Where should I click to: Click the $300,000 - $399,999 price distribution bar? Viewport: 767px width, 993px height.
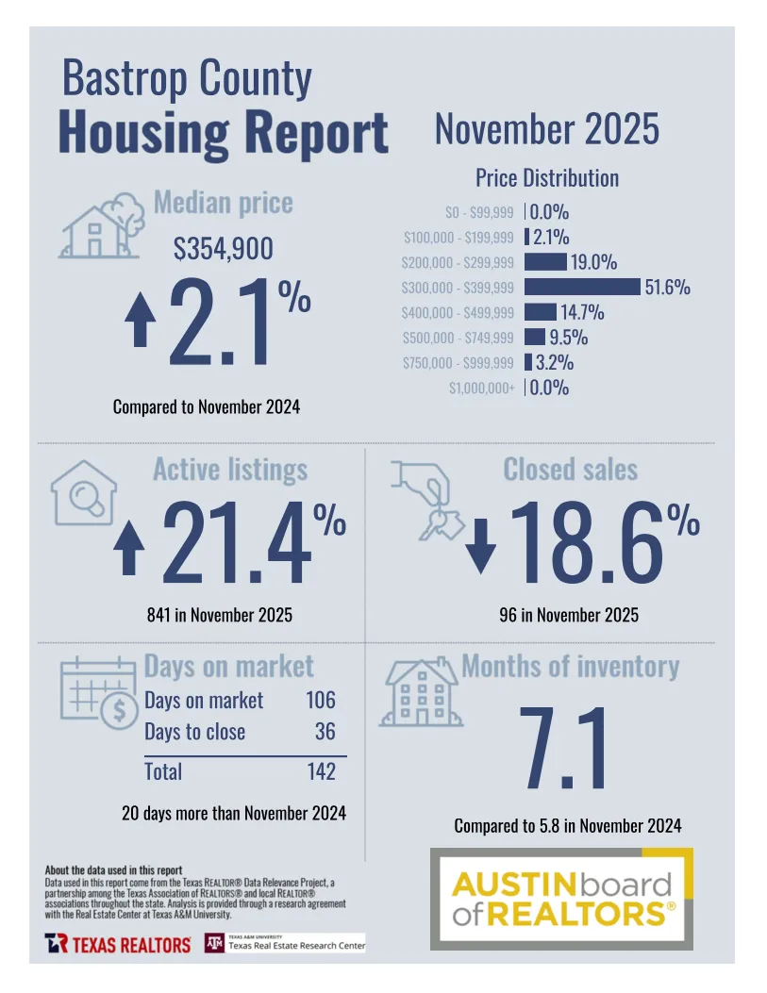tap(582, 287)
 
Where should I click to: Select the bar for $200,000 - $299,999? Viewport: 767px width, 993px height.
tap(545, 262)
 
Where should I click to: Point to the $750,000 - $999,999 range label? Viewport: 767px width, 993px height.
tap(459, 362)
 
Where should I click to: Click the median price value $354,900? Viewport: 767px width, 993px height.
tap(224, 249)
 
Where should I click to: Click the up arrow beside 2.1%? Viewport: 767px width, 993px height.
tap(141, 320)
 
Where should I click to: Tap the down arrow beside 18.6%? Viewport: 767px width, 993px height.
tap(480, 547)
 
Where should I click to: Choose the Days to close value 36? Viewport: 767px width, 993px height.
tap(325, 732)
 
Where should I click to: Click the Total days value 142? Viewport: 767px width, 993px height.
tap(321, 771)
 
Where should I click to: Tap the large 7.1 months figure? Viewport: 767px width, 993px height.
tap(566, 745)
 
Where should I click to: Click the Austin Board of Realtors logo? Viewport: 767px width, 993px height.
tap(562, 899)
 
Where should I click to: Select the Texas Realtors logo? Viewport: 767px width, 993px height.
tap(117, 943)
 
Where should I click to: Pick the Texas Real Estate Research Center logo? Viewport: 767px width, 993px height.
tap(285, 943)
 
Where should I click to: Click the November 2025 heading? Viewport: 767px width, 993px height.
tap(546, 129)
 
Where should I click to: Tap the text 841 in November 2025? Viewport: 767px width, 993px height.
tap(219, 616)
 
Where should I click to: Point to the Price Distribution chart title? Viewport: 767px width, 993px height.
tap(547, 177)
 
